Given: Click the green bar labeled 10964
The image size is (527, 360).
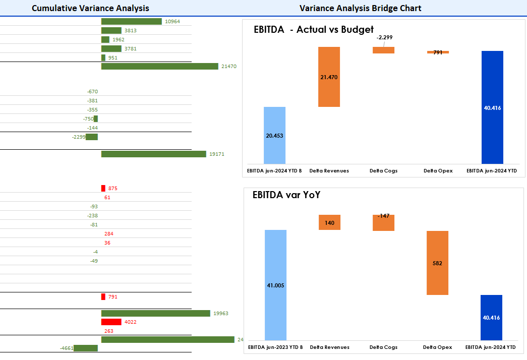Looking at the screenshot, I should coord(131,22).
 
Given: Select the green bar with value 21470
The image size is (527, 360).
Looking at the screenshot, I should coord(159,66).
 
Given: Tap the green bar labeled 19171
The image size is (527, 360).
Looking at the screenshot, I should coord(154,154).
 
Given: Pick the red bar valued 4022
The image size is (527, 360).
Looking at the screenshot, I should coord(111,322).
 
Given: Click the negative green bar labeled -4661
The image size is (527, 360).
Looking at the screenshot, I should coord(86,348).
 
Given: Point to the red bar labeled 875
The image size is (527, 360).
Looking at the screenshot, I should coord(103,188).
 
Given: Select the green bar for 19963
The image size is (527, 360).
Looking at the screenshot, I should coord(155,313).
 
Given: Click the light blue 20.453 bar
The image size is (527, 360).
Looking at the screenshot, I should coord(274,135).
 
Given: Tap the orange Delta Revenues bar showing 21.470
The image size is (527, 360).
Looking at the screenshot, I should coord(329,77).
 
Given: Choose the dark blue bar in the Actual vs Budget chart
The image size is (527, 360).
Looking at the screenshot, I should coord(492,107).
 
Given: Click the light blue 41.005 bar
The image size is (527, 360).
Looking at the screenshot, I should coord(275,285).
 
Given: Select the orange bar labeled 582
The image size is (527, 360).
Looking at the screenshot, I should coord(437,263).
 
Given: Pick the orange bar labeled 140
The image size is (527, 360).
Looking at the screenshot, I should coord(329,222).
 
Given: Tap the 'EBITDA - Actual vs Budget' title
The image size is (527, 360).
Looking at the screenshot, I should coord(313,29).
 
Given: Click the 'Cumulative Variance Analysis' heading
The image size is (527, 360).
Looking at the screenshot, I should coord(90,8).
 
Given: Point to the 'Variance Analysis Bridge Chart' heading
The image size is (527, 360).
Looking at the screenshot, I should coord(360,8).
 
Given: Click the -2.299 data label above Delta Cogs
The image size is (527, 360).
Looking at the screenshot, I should coord(384,37).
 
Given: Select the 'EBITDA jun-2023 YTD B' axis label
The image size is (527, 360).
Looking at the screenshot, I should coord(275,347).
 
